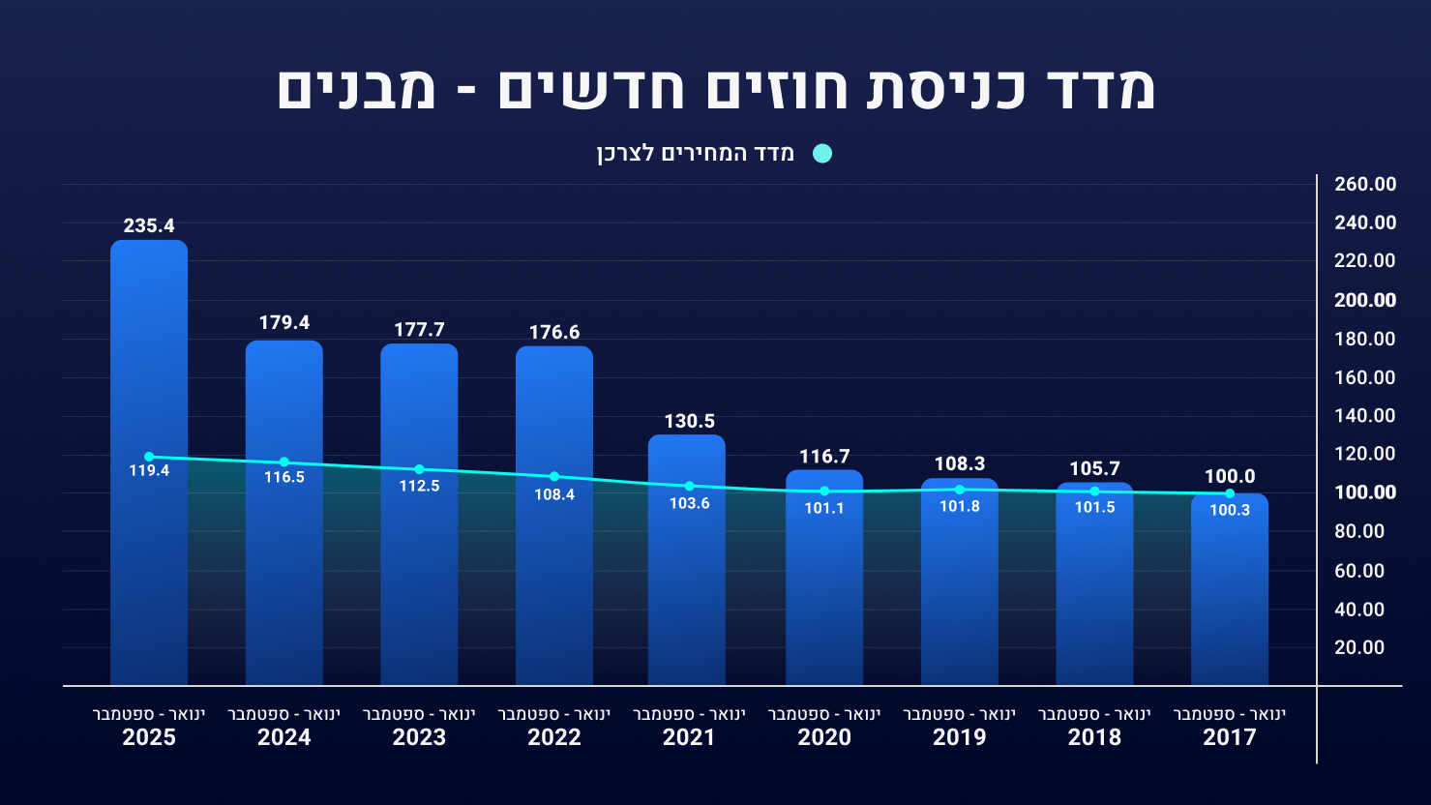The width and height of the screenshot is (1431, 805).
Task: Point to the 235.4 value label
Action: (149, 226)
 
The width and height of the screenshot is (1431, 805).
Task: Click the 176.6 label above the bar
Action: (554, 333)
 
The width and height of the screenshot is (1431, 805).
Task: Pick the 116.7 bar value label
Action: (824, 457)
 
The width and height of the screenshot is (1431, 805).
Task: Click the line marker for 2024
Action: (283, 462)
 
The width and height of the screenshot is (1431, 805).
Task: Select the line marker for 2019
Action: (960, 490)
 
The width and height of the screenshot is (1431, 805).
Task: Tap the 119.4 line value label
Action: (149, 471)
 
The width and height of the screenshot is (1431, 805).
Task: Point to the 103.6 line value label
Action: (689, 504)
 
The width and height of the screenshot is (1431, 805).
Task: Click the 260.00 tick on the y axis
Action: (1365, 185)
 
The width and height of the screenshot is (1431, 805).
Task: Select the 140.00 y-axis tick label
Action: (1365, 416)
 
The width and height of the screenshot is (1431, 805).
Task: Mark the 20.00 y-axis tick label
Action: (1359, 648)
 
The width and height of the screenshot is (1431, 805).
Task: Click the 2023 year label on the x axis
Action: (419, 738)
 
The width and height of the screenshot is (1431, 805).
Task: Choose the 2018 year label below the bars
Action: (1094, 738)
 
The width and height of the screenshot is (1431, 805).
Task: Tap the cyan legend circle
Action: (822, 154)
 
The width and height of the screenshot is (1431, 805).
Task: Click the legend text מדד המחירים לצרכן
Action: (696, 154)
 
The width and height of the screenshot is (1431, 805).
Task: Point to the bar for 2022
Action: (554, 581)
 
